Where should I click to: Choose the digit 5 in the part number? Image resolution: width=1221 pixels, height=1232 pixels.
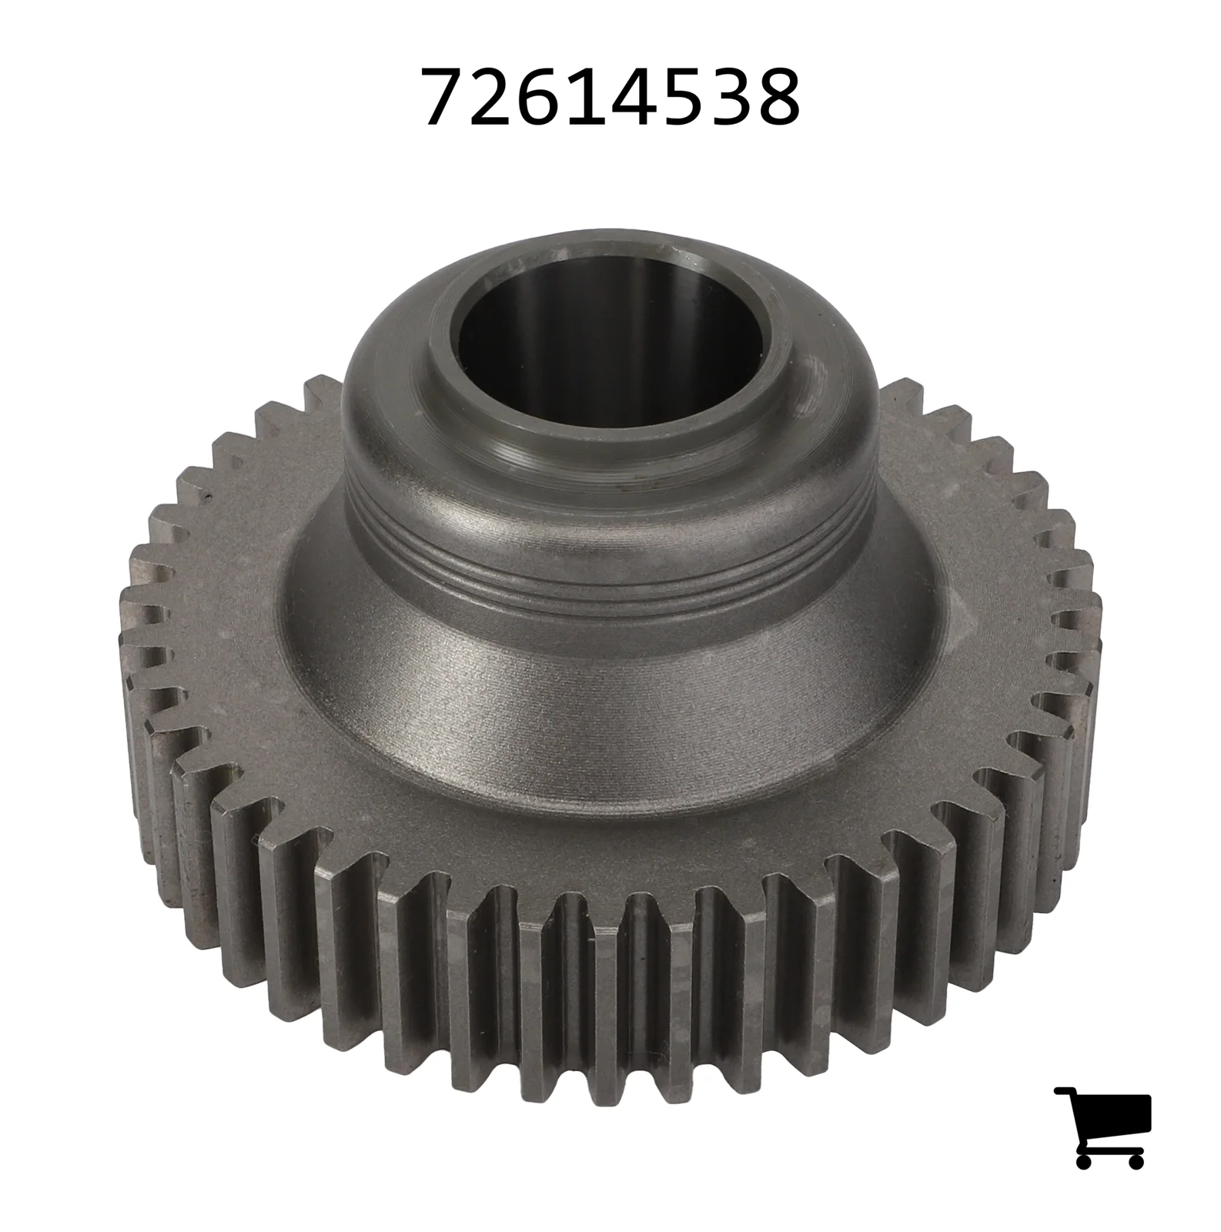[x=684, y=95]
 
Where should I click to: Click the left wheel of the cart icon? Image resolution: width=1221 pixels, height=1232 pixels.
[x=1085, y=1160]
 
